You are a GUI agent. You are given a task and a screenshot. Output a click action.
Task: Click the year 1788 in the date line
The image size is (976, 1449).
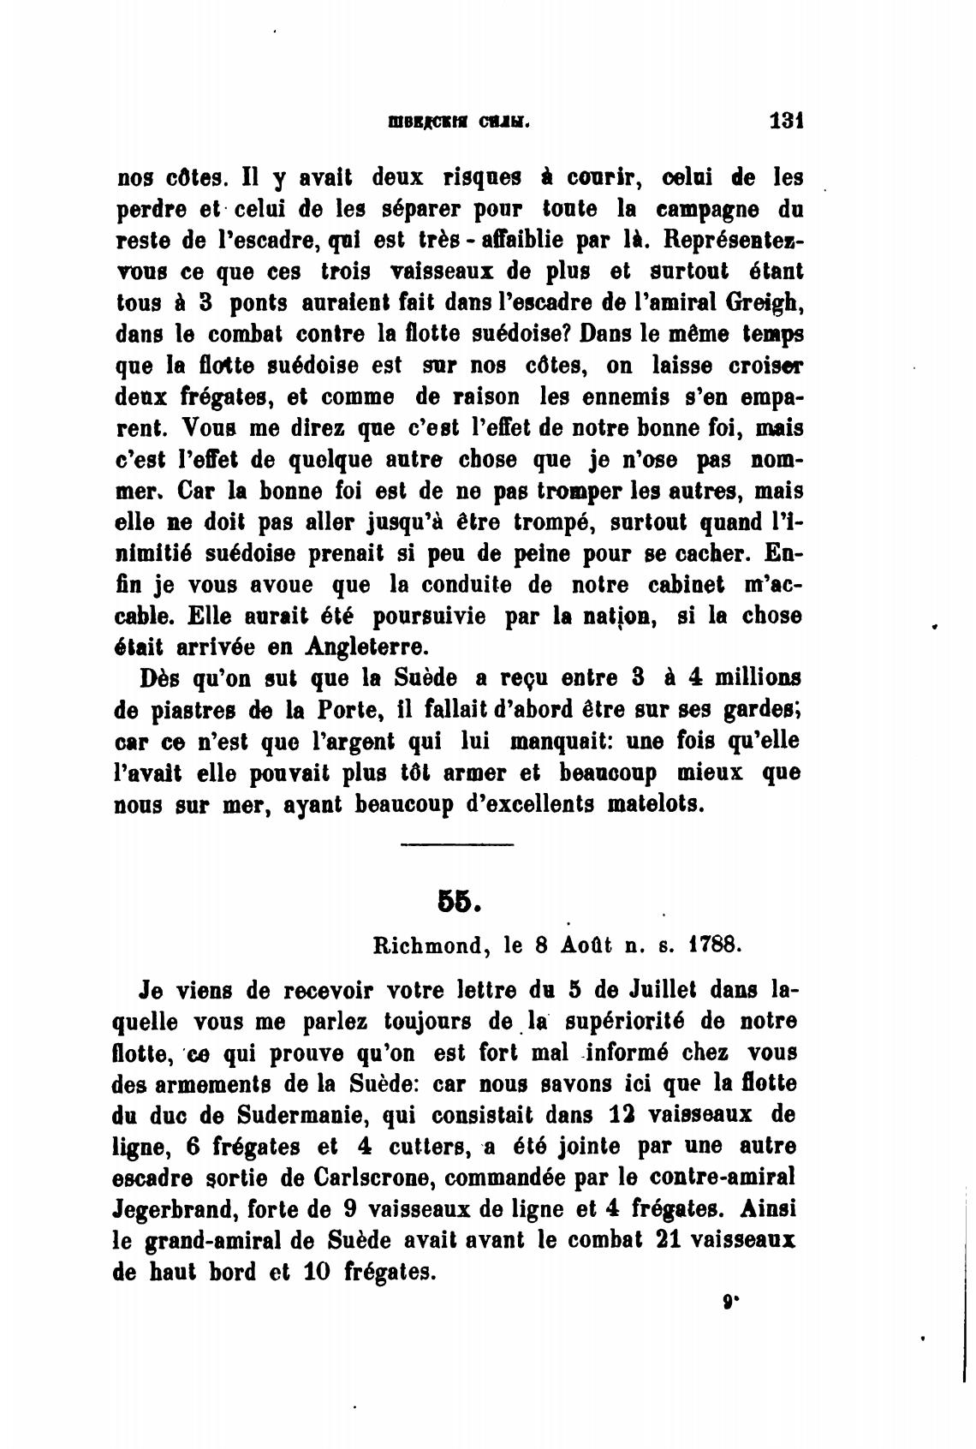(x=713, y=946)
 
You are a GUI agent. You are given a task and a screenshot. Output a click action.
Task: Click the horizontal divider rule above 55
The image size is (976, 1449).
(x=456, y=847)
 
